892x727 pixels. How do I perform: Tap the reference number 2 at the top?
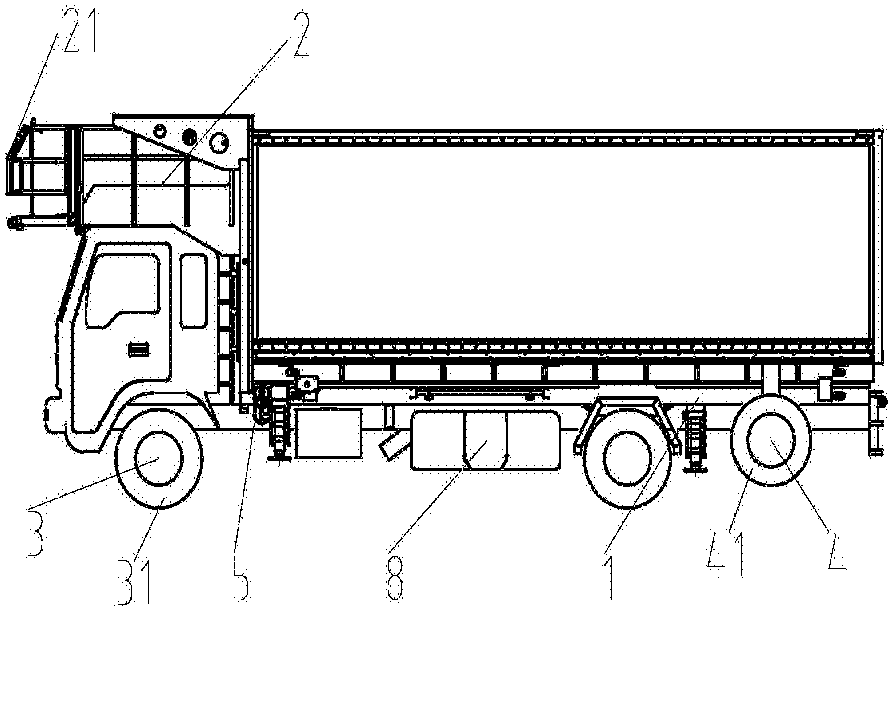tap(296, 35)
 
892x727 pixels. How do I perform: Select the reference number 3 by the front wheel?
tap(35, 531)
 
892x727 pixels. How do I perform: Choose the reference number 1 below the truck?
tap(610, 576)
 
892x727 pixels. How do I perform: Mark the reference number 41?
tap(726, 552)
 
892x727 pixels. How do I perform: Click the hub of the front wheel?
tap(158, 458)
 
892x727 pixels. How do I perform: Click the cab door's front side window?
tap(123, 291)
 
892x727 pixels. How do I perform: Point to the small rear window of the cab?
tap(193, 291)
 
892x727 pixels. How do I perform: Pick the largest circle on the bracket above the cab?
tap(218, 143)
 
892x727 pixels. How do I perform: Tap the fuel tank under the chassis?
tap(486, 440)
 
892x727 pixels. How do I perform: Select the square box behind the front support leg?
tap(328, 432)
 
